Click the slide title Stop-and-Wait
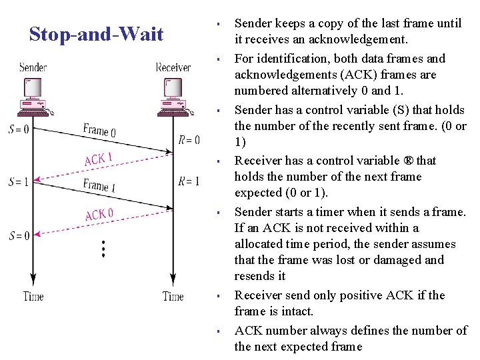[96, 34]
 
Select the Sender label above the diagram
[33, 67]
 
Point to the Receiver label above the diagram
[173, 67]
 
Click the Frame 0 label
[99, 130]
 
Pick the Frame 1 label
[99, 185]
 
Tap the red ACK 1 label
[99, 159]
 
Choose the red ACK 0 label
[99, 215]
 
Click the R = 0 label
[189, 140]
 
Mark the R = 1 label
[189, 181]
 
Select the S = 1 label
[18, 181]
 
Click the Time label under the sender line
[33, 296]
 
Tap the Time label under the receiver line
[173, 296]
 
